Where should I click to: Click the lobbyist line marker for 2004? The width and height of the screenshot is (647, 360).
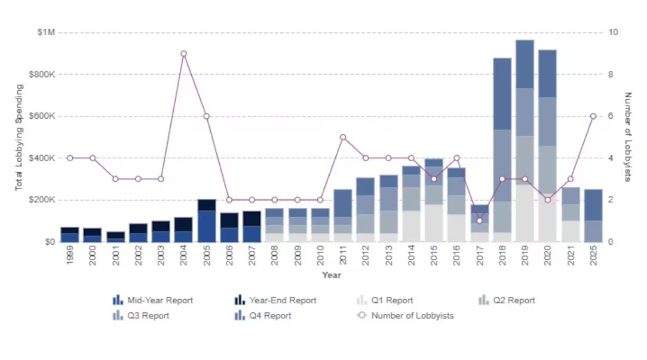pyautogui.click(x=183, y=54)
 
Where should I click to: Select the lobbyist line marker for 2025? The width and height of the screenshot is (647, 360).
pyautogui.click(x=593, y=116)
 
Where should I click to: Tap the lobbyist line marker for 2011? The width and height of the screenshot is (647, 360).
pyautogui.click(x=343, y=137)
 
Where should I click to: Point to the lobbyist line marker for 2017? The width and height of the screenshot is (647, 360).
pyautogui.click(x=479, y=221)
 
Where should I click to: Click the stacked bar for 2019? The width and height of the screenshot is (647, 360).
pyautogui.click(x=525, y=141)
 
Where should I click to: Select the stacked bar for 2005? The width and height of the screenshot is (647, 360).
pyautogui.click(x=206, y=220)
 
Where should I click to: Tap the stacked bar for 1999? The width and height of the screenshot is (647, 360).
pyautogui.click(x=70, y=234)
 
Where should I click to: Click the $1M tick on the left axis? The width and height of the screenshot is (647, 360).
pyautogui.click(x=45, y=32)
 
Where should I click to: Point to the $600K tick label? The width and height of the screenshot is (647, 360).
pyautogui.click(x=44, y=116)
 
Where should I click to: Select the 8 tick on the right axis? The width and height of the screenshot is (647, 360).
pyautogui.click(x=611, y=75)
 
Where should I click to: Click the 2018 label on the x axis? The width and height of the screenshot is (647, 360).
pyautogui.click(x=502, y=256)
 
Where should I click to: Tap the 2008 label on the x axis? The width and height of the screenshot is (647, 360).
pyautogui.click(x=275, y=256)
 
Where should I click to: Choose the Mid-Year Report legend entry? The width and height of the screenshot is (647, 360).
pyautogui.click(x=154, y=300)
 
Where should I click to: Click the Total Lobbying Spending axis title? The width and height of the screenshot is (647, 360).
pyautogui.click(x=19, y=137)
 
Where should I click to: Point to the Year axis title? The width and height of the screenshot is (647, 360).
pyautogui.click(x=332, y=275)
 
